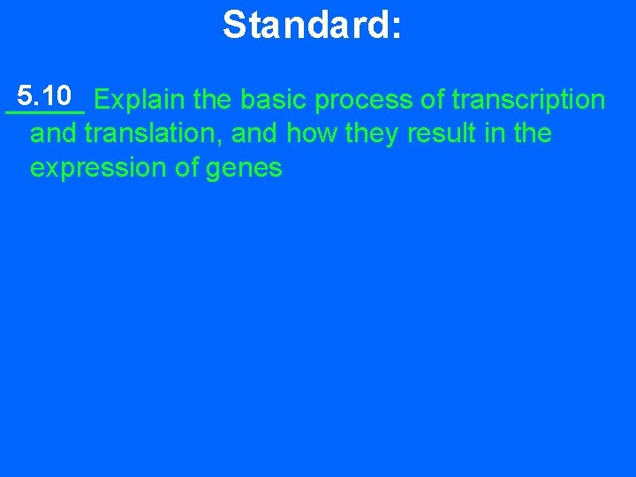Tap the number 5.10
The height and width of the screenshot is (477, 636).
tap(44, 95)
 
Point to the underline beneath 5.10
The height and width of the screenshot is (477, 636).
tap(44, 112)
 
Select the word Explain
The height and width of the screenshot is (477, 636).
tap(140, 100)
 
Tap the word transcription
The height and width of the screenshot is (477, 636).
tap(528, 101)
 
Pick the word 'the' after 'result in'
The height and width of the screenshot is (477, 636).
tap(532, 134)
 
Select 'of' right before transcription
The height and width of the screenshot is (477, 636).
tap(433, 100)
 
